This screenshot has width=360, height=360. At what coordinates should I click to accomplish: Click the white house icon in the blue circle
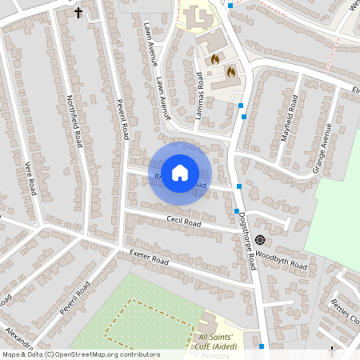click(180, 171)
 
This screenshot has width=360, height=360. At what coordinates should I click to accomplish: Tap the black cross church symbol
click(78, 12)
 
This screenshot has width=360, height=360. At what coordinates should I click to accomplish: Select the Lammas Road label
click(199, 97)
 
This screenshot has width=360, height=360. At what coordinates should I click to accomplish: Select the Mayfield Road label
click(289, 118)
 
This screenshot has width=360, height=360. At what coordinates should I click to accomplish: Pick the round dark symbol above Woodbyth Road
click(260, 240)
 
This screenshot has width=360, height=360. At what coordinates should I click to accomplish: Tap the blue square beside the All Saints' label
click(262, 346)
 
